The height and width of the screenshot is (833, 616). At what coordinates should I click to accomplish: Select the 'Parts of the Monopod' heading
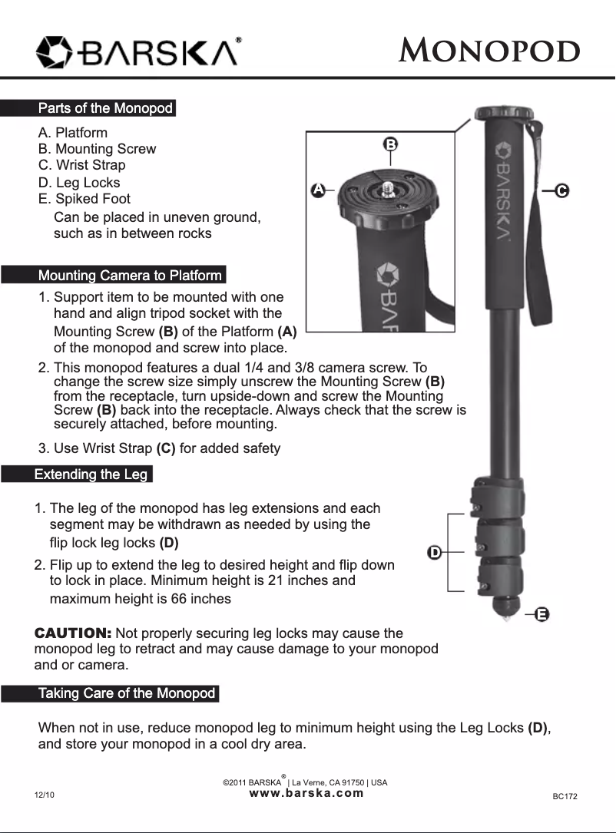105,108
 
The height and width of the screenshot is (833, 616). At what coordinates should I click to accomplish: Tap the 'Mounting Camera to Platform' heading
130,276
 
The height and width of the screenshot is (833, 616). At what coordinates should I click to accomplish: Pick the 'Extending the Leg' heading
91,474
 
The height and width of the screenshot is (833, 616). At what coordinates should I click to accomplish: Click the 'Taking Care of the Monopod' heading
127,694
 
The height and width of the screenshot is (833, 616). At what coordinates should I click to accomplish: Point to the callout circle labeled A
316,189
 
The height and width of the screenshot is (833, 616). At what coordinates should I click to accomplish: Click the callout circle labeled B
390,144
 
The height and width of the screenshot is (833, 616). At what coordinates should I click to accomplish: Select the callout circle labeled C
561,190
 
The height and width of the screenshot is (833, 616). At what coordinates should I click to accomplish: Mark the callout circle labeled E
541,614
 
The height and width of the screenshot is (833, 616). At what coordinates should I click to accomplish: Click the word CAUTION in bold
73,633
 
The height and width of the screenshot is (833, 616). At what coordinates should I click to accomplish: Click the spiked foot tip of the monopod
505,616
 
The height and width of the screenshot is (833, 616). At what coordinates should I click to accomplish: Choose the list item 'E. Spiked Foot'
84,199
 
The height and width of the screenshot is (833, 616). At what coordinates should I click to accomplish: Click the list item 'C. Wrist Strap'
81,165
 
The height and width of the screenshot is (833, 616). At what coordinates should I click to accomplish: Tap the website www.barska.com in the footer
306,793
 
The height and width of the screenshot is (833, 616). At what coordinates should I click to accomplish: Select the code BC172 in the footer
565,797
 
